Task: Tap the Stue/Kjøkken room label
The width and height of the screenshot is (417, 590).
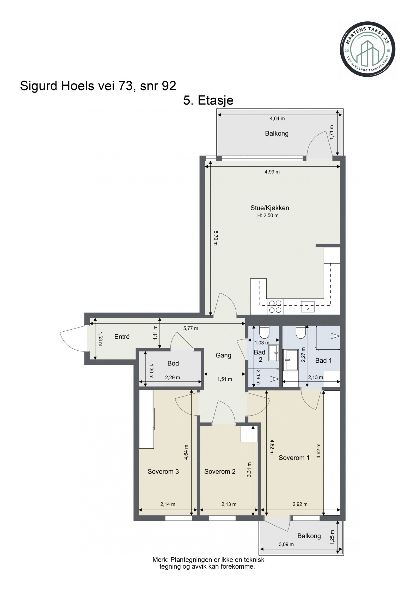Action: click(x=270, y=208)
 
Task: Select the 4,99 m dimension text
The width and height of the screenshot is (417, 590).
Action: click(x=272, y=172)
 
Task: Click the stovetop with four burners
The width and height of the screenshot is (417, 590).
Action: click(x=275, y=307)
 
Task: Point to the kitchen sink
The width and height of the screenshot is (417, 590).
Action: click(x=308, y=307)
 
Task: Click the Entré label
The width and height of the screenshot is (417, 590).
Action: click(x=122, y=337)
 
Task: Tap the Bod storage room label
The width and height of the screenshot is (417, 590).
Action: click(x=173, y=363)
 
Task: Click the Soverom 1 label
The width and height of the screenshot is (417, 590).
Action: click(x=294, y=458)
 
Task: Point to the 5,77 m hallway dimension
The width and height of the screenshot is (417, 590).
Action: click(x=191, y=328)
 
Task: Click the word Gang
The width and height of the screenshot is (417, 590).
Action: click(x=223, y=355)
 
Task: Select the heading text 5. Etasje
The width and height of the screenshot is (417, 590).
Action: click(x=208, y=100)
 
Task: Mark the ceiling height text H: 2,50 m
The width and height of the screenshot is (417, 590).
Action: click(x=268, y=216)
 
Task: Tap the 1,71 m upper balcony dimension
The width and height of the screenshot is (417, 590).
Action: click(x=332, y=132)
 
